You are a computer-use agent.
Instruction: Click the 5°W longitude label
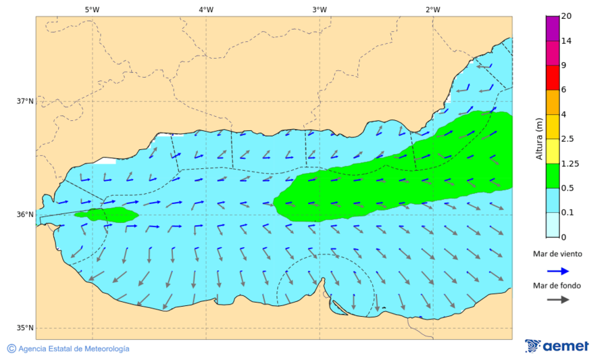pos(93,9)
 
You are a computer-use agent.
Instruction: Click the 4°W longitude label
pos(206,9)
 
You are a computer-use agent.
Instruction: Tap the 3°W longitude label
pos(320,9)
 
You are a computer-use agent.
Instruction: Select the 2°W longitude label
pos(433,9)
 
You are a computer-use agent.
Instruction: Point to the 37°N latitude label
pos(25,101)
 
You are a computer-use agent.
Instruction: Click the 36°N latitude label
pos(25,215)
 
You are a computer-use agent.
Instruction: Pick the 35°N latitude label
pos(25,328)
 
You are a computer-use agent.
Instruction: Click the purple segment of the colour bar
pos(553,28)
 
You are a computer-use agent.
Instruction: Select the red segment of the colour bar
pos(553,78)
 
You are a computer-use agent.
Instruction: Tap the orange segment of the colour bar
pos(553,102)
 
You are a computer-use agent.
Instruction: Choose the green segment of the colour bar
pos(553,176)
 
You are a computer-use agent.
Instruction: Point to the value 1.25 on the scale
pos(571,163)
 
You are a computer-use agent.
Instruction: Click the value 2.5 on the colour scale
pos(568,139)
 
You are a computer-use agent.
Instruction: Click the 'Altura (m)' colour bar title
pos(539,138)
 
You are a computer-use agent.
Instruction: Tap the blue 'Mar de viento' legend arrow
pos(557,270)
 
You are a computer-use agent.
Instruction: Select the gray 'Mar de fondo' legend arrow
pos(557,300)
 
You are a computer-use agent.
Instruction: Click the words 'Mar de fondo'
pos(557,285)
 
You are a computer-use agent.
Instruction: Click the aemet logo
pos(557,346)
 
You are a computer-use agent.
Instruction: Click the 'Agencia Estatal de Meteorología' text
pos(74,349)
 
